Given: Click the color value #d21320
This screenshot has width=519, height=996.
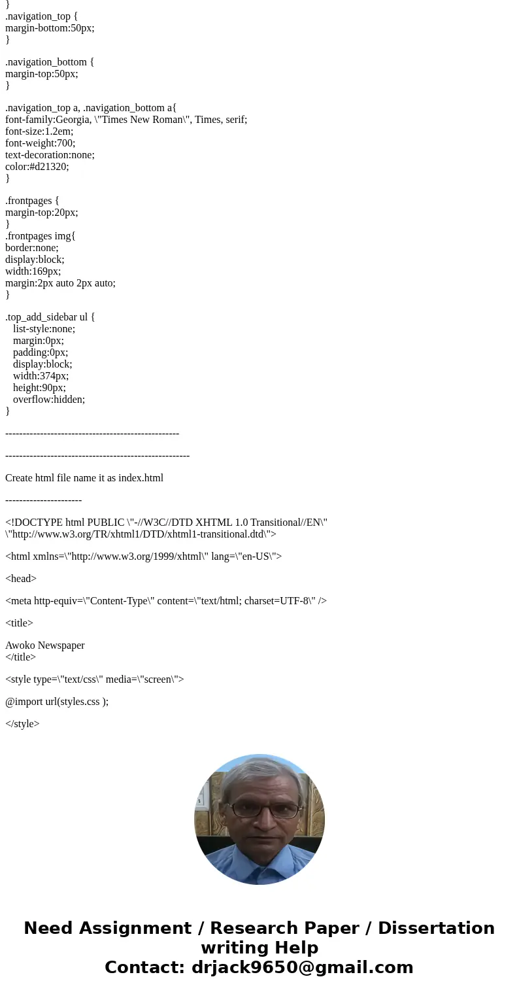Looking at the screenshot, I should (49, 167).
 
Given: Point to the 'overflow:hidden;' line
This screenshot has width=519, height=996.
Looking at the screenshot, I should (49, 400).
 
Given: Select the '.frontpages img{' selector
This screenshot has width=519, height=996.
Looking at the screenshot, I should (41, 236).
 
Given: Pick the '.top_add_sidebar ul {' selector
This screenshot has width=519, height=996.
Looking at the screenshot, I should (50, 317).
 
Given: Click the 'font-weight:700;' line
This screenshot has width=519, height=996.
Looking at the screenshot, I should (41, 143).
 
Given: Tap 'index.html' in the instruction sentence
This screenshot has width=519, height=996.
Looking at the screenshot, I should (141, 478).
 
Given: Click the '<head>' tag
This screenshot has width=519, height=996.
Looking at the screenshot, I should (21, 579).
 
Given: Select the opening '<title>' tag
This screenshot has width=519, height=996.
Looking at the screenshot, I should (19, 623).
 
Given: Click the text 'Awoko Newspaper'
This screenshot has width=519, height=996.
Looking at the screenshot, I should (45, 645).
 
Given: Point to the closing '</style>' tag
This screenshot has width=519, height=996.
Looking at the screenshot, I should (22, 724).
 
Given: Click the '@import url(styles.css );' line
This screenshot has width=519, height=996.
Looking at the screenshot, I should (57, 702).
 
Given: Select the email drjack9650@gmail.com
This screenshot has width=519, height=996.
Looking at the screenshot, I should (302, 968).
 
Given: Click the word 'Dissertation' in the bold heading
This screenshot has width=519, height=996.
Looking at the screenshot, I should (436, 929).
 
